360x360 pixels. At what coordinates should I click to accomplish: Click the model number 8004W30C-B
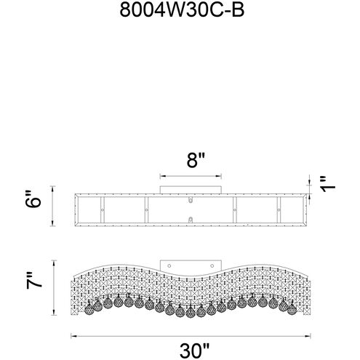(182, 10)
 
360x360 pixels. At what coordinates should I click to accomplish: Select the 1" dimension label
(328, 184)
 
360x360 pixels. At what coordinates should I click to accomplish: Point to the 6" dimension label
(33, 199)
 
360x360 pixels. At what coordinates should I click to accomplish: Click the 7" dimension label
(34, 281)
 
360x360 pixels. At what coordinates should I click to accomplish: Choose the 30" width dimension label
(194, 351)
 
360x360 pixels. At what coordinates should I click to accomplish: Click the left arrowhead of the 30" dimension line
(73, 336)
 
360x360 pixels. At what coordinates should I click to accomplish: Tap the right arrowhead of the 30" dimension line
(308, 336)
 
